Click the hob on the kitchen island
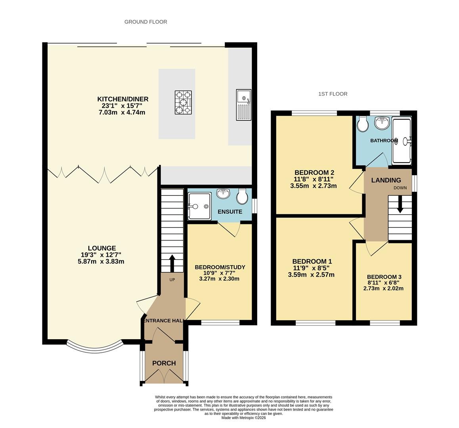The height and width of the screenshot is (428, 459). point(183,103)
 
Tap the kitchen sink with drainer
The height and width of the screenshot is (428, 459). point(243,105)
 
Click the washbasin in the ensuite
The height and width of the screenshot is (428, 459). point(223,194)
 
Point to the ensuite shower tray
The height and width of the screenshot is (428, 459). point(199,206)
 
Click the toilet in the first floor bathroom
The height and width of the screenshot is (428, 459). point(363,124)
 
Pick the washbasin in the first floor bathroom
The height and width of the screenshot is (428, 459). point(382,123)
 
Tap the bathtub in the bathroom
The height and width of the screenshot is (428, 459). point(402,141)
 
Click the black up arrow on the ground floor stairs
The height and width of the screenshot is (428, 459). point(172,264)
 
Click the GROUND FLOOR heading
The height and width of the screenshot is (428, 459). point(146,22)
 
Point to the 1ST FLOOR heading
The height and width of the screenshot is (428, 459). point(333,94)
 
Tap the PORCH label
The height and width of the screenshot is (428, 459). point(164,363)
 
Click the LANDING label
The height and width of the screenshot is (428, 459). point(386,180)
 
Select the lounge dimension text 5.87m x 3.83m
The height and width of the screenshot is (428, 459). point(101,262)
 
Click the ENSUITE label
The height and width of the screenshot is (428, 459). point(230,212)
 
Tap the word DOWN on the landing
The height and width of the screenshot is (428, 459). point(400,188)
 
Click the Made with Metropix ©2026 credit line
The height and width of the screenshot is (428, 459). point(243,418)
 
